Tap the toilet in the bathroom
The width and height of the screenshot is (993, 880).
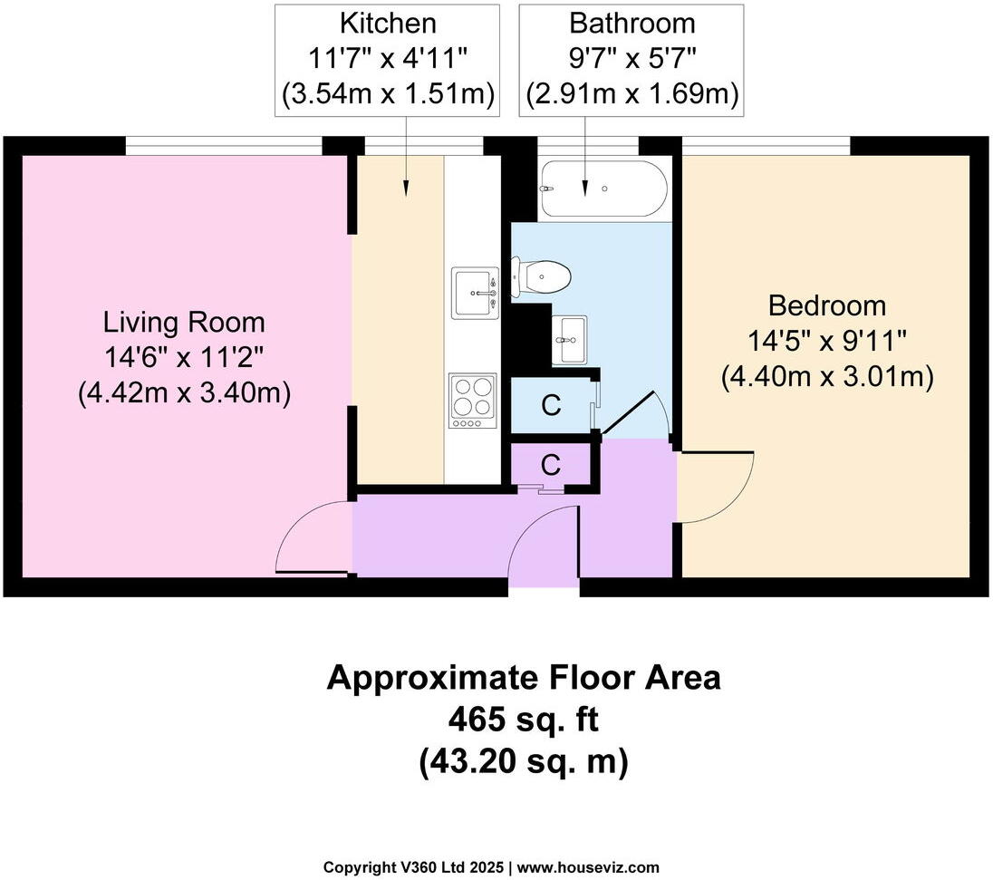click(x=544, y=275)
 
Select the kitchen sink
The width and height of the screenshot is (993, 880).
click(x=475, y=293)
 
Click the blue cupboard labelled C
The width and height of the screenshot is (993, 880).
click(x=551, y=406)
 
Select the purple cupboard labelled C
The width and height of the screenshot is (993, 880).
click(x=550, y=465)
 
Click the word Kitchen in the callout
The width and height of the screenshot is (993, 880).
click(x=387, y=23)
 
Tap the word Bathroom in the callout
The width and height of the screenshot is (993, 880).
click(x=631, y=23)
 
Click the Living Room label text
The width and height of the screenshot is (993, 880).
click(x=184, y=322)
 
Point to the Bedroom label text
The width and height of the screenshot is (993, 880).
click(x=827, y=305)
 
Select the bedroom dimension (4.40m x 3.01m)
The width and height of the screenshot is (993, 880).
click(x=827, y=376)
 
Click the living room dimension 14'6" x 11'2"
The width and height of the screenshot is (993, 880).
click(x=184, y=357)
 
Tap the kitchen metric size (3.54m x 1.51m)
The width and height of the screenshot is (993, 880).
click(x=387, y=93)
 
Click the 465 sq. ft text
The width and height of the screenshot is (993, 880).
click(x=524, y=720)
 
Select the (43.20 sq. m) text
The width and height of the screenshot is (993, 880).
click(x=524, y=762)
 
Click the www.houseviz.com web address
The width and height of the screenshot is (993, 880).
click(x=588, y=866)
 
